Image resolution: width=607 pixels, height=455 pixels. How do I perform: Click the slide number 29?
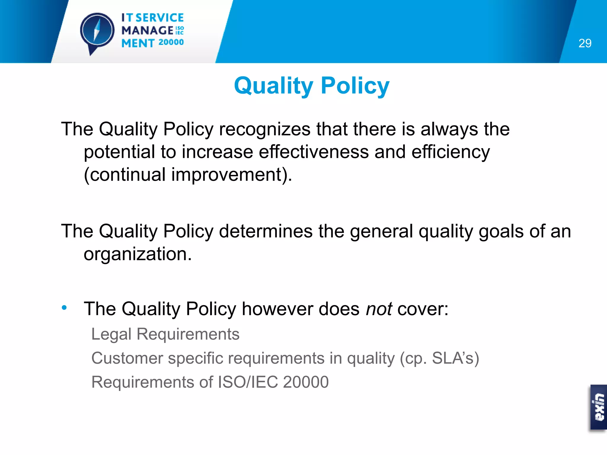585,44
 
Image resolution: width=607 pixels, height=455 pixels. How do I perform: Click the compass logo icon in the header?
97,31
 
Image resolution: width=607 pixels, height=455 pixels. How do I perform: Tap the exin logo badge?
598,407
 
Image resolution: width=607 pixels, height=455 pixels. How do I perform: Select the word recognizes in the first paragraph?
265,129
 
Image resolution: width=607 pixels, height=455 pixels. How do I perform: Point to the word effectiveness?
314,152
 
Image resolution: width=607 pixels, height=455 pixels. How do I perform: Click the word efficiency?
451,152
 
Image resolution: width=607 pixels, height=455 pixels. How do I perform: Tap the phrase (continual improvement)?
188,174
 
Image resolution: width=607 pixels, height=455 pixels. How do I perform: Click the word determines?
266,231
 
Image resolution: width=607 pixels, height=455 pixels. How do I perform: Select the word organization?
138,254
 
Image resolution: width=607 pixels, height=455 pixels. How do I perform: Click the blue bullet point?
64,308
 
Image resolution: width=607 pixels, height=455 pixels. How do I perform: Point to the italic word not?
379,309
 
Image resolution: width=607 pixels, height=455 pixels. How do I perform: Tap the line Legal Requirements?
165,334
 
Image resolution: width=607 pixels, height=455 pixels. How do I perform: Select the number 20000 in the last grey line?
306,382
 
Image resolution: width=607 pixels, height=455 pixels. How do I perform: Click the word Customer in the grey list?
127,358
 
